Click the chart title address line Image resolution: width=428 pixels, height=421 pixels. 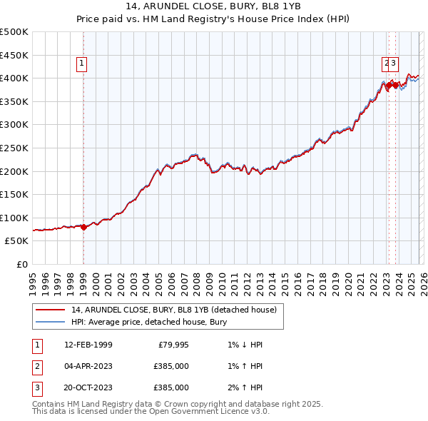(x=213, y=7)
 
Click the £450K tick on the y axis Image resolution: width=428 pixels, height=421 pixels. (x=14, y=55)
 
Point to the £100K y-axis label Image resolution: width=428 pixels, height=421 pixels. (x=14, y=218)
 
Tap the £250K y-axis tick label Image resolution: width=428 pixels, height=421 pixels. (x=14, y=148)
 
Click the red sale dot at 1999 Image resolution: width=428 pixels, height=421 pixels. (x=83, y=227)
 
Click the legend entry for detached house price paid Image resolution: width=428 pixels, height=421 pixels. (x=178, y=310)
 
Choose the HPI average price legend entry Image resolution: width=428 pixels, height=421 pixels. (x=148, y=322)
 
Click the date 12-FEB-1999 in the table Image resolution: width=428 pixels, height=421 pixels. (x=88, y=345)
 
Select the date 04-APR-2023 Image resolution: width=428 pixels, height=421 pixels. (x=88, y=366)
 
